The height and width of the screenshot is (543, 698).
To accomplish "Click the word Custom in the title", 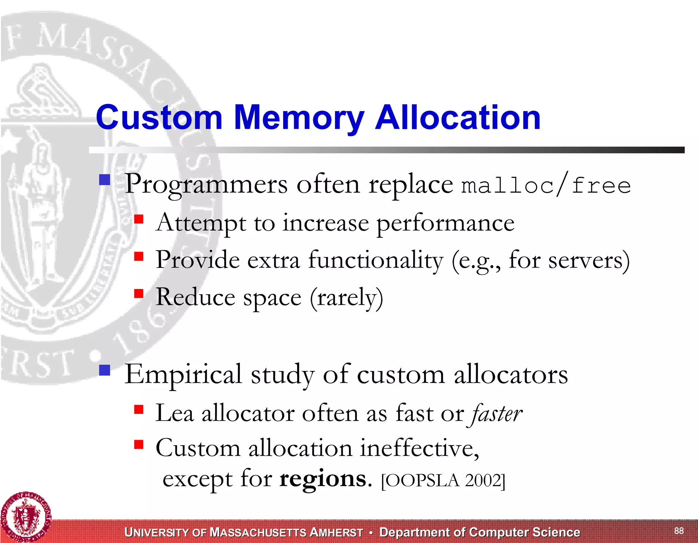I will pyautogui.click(x=159, y=118).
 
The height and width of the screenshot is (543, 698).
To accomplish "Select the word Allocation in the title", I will pyautogui.click(x=457, y=118).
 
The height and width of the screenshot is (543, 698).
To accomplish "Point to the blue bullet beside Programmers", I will pyautogui.click(x=105, y=180).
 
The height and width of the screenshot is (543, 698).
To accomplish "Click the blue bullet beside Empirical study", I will pyautogui.click(x=105, y=370).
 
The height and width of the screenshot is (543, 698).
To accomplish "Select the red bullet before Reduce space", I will pyautogui.click(x=138, y=293).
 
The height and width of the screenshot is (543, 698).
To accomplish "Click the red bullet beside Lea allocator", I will pyautogui.click(x=138, y=409).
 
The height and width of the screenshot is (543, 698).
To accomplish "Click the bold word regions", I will pyautogui.click(x=323, y=479).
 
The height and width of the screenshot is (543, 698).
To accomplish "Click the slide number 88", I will pyautogui.click(x=679, y=530).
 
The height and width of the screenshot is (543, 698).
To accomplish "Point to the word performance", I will pyautogui.click(x=445, y=224).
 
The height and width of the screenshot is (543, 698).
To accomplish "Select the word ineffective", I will pyautogui.click(x=419, y=448).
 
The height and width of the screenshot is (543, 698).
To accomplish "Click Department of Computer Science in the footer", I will pyautogui.click(x=480, y=532).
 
